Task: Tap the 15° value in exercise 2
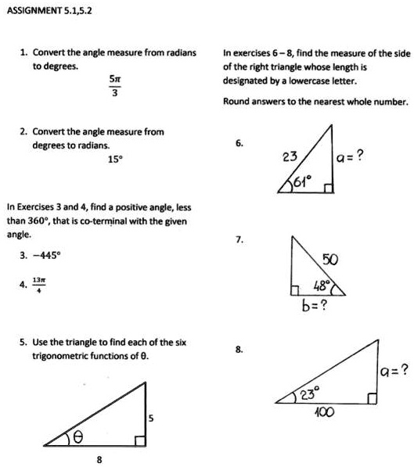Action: tap(114, 160)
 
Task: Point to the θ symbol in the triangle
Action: tap(78, 438)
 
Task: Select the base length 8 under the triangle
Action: tap(99, 459)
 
